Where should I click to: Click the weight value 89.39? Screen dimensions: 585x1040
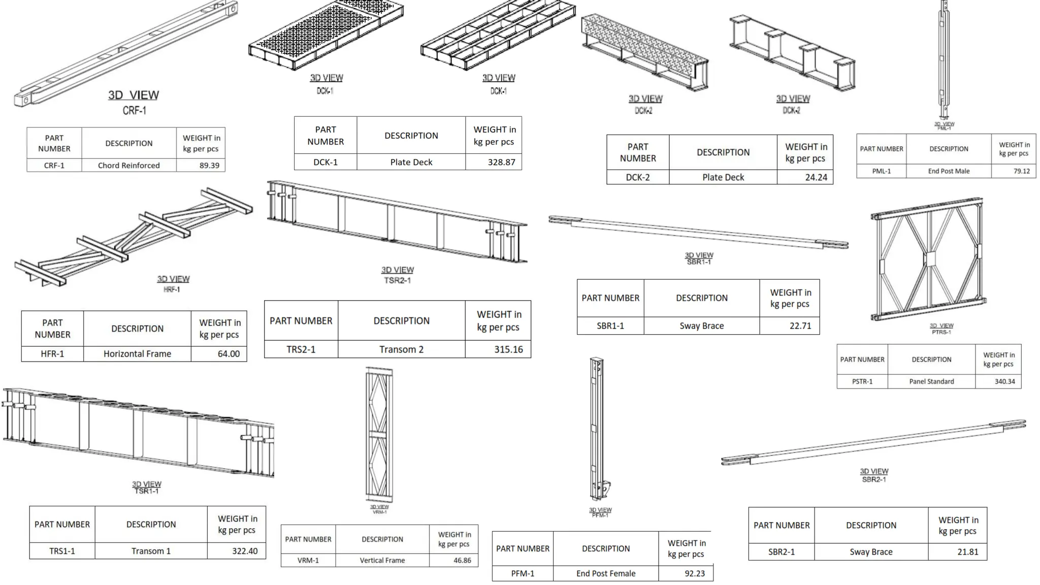tap(209, 166)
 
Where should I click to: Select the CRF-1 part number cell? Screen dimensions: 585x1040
tap(54, 166)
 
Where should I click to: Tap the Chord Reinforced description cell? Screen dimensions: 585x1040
tap(128, 166)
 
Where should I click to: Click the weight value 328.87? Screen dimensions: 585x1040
tap(501, 162)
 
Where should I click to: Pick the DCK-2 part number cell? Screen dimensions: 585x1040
tap(637, 177)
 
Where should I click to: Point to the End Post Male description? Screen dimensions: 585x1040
tap(948, 171)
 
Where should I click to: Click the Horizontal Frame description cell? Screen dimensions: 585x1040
tap(137, 354)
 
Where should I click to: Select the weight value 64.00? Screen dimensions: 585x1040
tap(228, 354)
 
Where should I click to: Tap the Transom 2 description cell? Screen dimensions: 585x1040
tap(401, 349)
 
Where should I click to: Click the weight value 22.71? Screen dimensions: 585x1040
tap(800, 326)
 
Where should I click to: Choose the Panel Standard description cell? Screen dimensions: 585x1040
tap(931, 381)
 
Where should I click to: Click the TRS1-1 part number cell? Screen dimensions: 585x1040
tap(62, 551)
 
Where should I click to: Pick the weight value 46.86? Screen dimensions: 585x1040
tap(462, 561)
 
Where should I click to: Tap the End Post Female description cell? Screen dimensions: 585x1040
tap(605, 574)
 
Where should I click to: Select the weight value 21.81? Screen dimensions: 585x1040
tap(967, 552)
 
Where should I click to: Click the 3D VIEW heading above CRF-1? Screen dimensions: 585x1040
tap(133, 95)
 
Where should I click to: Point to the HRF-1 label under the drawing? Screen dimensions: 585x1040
tap(172, 289)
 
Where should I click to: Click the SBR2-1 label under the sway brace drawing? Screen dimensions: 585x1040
tap(873, 479)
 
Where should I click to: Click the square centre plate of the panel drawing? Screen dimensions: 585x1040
tap(930, 259)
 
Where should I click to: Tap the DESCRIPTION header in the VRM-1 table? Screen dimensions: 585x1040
tap(382, 539)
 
